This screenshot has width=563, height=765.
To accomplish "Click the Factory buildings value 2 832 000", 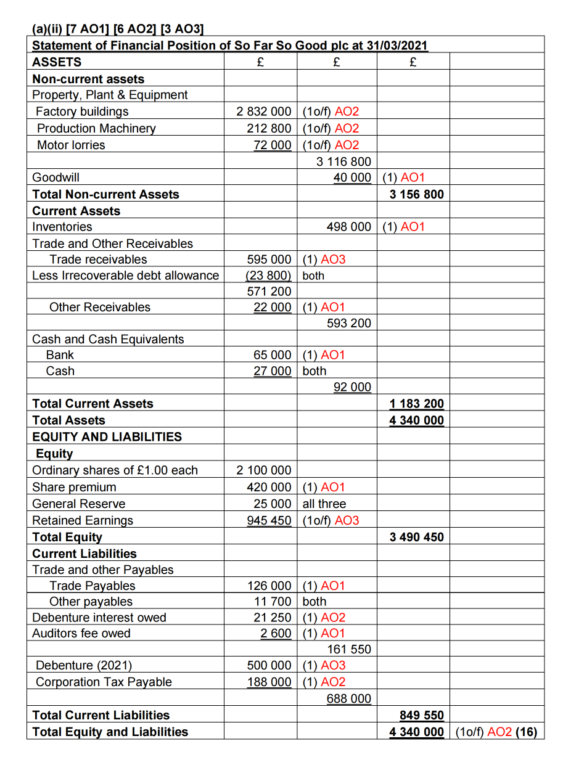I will click(x=264, y=112).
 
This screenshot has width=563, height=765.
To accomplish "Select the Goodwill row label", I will click(x=55, y=178).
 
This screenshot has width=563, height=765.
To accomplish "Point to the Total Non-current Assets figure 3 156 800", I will click(x=417, y=194).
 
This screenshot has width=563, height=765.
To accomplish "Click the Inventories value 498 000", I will click(x=349, y=227).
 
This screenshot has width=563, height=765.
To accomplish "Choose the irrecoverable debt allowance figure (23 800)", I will click(x=269, y=275).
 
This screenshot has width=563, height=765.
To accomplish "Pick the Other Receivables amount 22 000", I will click(x=273, y=307).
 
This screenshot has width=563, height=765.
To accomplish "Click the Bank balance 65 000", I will click(x=273, y=355).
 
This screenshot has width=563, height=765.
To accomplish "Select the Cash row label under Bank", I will click(x=60, y=371).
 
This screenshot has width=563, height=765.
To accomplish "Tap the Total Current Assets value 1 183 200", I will click(x=417, y=404).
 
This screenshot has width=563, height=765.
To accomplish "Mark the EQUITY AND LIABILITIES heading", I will click(x=107, y=436).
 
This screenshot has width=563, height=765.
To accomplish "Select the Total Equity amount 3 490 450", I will click(x=417, y=537).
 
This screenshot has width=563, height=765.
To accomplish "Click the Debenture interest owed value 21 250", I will click(x=273, y=618).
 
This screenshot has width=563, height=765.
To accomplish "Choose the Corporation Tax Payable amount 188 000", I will click(x=269, y=682).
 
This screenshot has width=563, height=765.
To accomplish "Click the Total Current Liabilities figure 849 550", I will click(x=422, y=715).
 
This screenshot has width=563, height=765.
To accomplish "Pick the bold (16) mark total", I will click(x=527, y=732).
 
